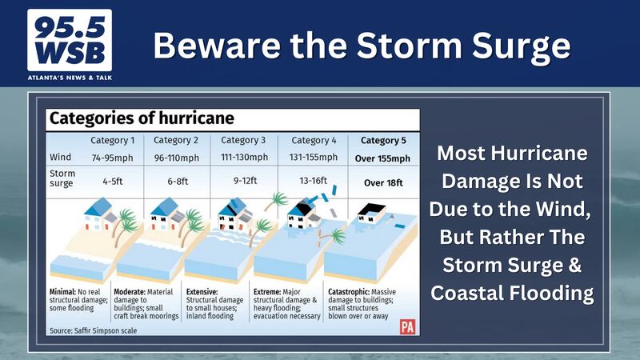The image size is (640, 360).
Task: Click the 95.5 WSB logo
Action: point(70,40)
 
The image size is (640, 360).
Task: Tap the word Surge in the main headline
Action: point(522,46)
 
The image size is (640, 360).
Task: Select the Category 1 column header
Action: point(112,141)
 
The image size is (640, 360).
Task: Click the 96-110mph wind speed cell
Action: point(176,158)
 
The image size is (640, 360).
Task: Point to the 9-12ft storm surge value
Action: point(246,181)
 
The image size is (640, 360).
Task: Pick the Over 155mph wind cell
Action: point(382,158)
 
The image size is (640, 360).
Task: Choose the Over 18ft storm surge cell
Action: point(383,183)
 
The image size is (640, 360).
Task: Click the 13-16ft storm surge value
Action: point(313,181)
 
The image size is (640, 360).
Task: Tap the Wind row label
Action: point(61,157)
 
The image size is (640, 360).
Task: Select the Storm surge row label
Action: point(62,178)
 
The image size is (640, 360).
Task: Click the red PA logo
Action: point(407,327)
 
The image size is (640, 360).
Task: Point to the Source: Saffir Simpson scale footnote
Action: point(93,330)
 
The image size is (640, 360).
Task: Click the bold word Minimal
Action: point(62,292)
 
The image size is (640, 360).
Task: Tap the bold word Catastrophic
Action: point(349,292)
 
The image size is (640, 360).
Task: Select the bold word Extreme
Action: point(267,292)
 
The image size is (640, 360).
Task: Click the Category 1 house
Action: point(100,214)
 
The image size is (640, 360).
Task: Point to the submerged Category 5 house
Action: point(371,214)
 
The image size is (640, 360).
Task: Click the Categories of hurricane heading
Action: point(142,118)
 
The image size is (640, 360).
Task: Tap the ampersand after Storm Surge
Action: point(574,265)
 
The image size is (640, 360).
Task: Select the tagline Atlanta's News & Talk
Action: point(70,78)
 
